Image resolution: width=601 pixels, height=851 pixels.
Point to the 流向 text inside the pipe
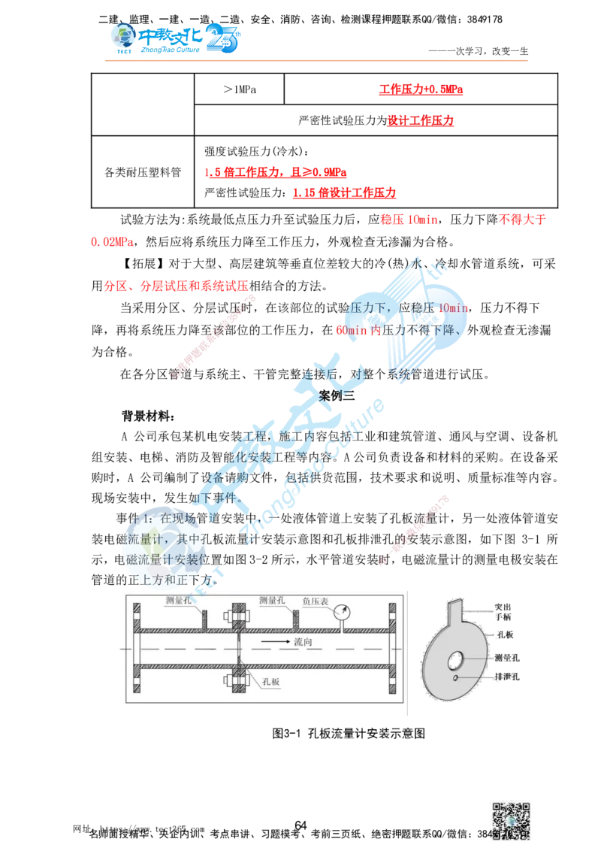pos(304,642)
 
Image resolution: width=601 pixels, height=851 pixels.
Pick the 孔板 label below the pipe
pos(271,681)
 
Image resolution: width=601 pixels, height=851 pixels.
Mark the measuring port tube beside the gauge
pos(296,619)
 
